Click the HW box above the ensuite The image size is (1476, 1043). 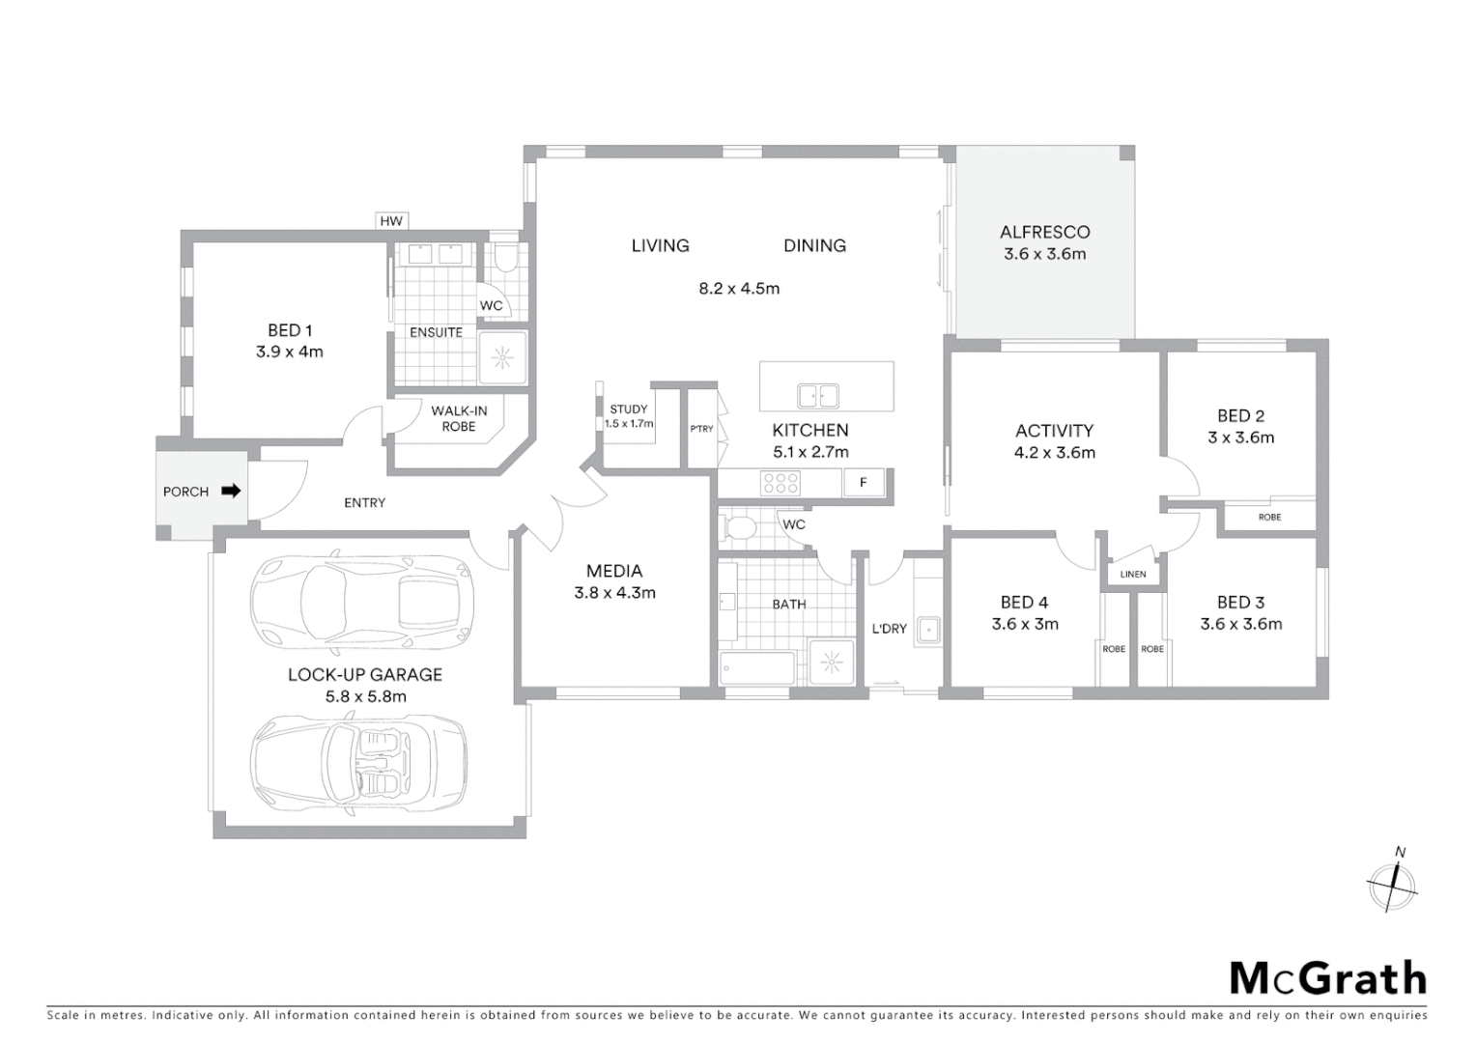click(390, 221)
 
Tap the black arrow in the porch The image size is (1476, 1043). click(231, 491)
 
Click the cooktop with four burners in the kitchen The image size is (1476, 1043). click(780, 483)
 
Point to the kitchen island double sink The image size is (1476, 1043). click(817, 396)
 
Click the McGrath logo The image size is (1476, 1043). click(1327, 978)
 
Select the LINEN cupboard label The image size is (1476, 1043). click(1132, 575)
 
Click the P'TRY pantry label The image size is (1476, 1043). click(701, 429)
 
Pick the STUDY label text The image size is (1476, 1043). click(629, 409)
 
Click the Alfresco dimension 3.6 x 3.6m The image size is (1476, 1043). click(1044, 254)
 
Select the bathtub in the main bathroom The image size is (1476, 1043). click(757, 668)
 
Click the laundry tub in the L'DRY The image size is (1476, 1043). click(928, 630)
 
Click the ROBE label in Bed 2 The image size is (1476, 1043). click(1269, 518)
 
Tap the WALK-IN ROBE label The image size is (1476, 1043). click(459, 418)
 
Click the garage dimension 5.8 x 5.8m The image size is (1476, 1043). click(365, 696)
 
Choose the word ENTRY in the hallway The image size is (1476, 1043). click(364, 502)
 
